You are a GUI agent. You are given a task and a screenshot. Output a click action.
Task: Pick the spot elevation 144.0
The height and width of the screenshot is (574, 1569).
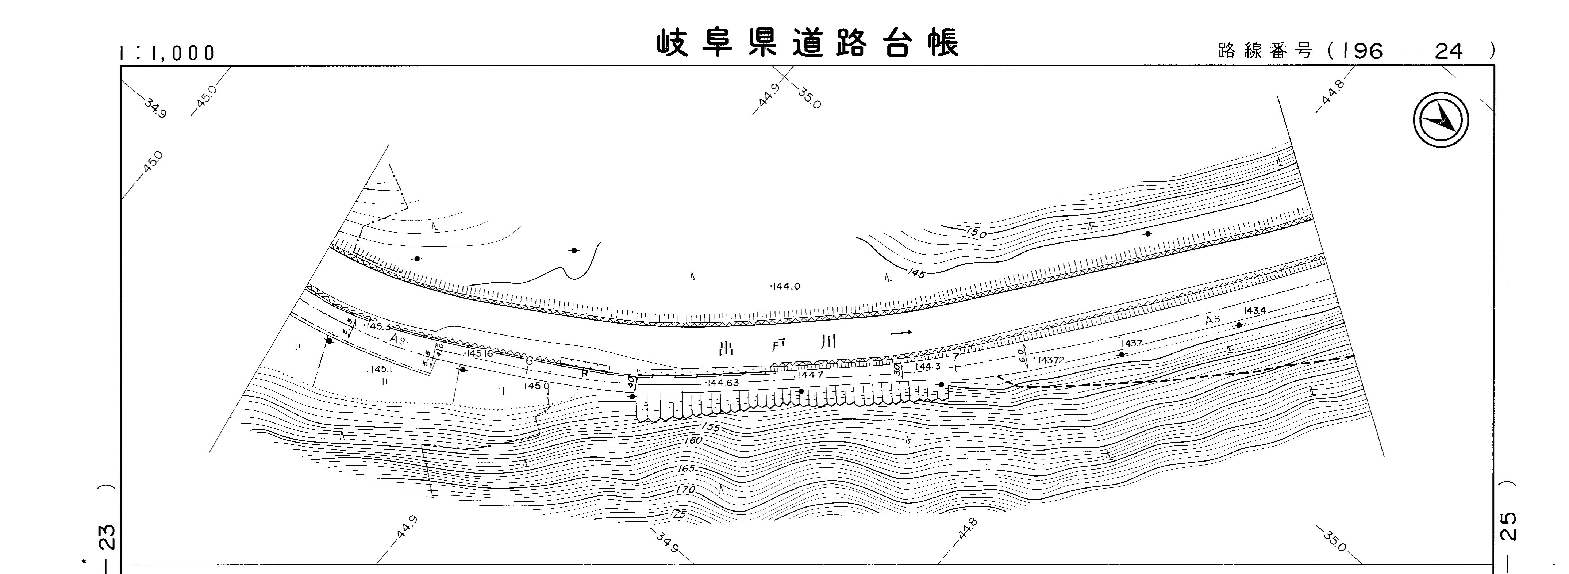point(786,286)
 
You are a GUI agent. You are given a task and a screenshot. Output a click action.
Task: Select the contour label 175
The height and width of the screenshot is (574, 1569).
point(677,514)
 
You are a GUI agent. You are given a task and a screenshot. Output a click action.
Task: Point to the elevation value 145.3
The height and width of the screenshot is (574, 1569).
point(378,326)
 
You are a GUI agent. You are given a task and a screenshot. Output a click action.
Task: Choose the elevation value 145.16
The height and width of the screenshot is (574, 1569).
point(479,353)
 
